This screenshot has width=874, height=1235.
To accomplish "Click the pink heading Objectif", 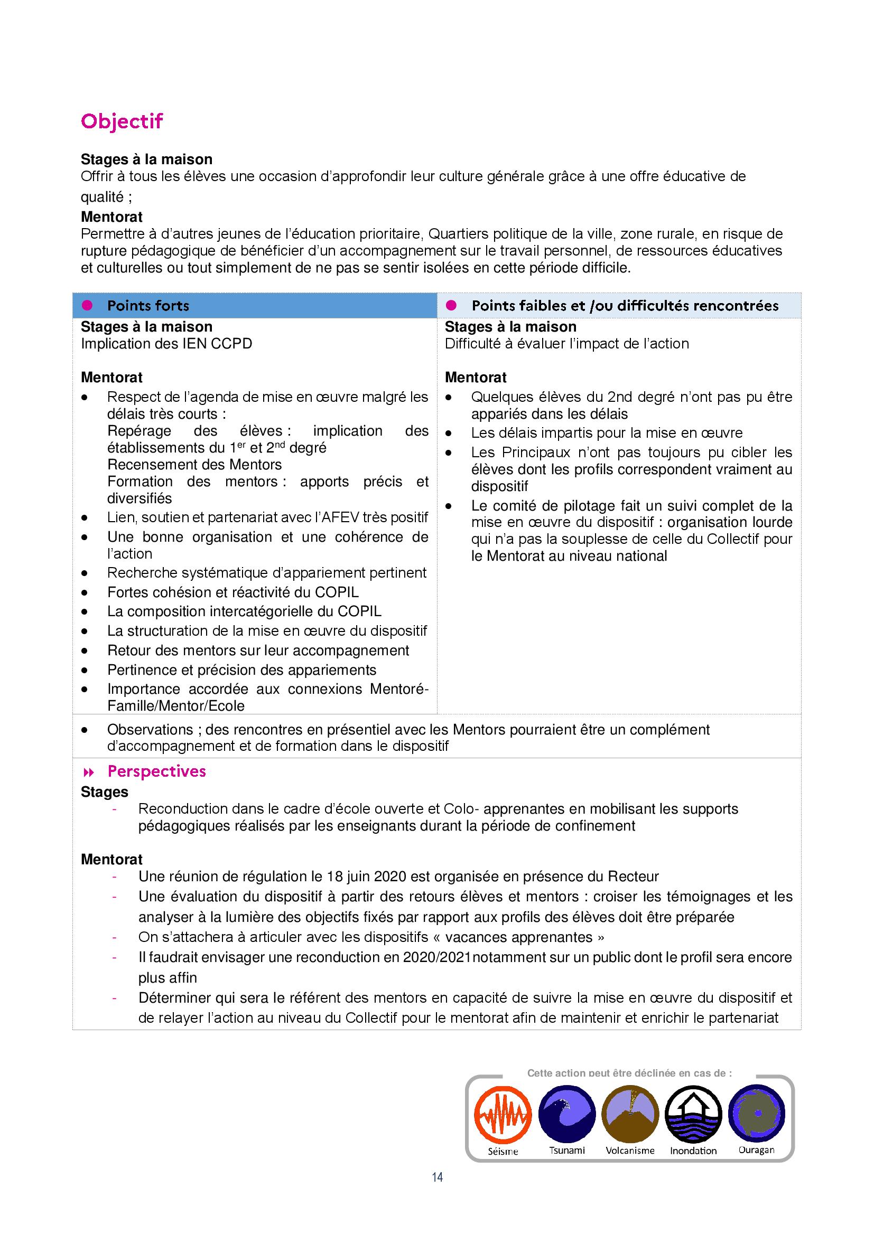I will [x=122, y=121].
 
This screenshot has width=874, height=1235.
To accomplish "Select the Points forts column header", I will [x=148, y=306].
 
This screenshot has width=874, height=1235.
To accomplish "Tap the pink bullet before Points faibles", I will [x=451, y=306].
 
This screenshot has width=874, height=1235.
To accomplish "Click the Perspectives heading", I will [x=156, y=771].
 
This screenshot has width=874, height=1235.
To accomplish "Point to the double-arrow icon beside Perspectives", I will [x=89, y=772].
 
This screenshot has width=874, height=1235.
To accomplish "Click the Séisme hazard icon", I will [x=503, y=1115].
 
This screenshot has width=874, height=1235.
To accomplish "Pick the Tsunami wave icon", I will [x=566, y=1114].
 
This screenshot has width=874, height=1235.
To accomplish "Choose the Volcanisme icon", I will [x=630, y=1114].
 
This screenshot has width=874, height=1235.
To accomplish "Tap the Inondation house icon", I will [x=693, y=1114].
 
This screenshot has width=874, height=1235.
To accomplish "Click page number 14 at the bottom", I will [x=437, y=1177].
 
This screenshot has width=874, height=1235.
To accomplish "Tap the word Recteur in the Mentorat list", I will [x=633, y=877].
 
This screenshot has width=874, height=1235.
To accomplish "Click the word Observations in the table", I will [x=150, y=730].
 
